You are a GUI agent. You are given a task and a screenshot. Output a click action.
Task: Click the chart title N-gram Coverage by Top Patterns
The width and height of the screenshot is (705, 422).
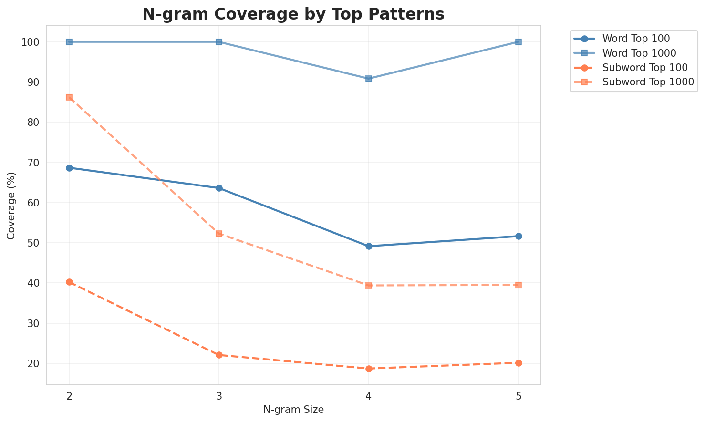293,14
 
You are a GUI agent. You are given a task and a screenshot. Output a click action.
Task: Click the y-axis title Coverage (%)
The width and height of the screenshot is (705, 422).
11,205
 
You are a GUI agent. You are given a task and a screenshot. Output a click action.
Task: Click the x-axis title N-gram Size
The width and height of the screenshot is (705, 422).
293,410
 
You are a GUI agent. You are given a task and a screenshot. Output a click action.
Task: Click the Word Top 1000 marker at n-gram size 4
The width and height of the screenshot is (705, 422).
369,79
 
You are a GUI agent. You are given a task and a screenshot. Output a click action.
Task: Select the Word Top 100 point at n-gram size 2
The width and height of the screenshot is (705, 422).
69,168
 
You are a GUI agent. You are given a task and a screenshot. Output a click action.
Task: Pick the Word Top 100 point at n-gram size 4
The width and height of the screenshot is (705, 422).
369,247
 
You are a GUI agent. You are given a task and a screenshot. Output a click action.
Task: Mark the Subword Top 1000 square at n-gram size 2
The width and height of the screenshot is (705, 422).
69,97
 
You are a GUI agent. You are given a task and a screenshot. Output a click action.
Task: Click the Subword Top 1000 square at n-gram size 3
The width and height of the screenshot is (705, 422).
219,234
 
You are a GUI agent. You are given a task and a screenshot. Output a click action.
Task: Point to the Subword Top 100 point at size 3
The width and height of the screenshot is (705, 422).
219,355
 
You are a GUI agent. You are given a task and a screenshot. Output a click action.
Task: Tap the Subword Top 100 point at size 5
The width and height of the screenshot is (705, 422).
518,363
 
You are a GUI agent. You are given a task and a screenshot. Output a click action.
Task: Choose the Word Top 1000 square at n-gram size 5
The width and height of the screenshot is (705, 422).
518,42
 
